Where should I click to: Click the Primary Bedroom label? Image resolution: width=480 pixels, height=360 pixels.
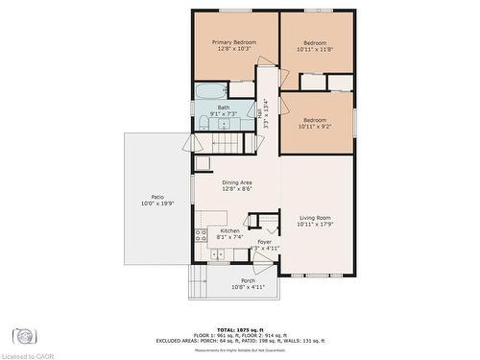tap(234, 46)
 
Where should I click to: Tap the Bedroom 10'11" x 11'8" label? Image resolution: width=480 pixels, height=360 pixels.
tap(315, 46)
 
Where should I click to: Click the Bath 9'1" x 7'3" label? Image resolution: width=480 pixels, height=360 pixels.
tap(223, 110)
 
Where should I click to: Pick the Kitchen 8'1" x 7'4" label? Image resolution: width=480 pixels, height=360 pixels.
tap(230, 234)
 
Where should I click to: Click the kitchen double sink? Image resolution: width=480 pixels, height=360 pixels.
tap(218, 254)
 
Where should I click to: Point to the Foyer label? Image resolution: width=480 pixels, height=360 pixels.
tap(264, 244)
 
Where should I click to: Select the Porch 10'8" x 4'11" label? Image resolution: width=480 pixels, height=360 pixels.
tap(234, 285)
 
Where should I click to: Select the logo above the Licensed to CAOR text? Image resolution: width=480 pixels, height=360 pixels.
tap(24, 336)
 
